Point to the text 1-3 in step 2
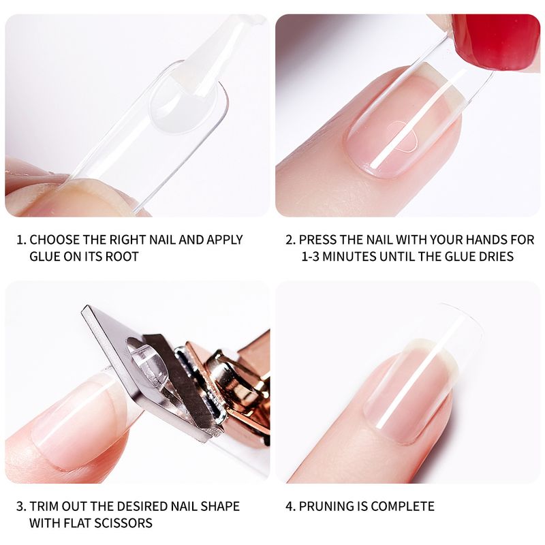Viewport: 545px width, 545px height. pos(310,257)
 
